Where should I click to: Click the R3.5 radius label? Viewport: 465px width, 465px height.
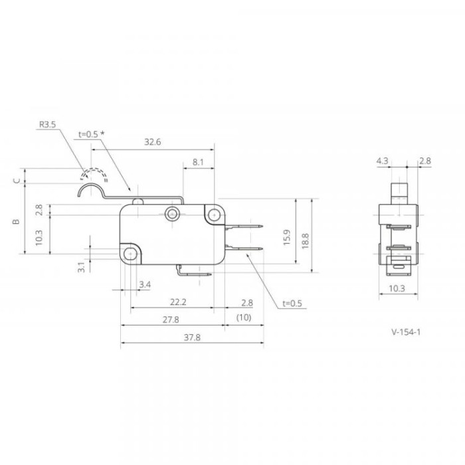[47, 124]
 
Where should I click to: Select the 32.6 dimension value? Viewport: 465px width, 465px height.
[152, 141]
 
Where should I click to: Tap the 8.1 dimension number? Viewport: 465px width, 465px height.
[198, 162]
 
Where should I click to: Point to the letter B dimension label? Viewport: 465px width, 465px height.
[17, 221]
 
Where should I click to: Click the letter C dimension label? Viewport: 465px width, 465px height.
[17, 180]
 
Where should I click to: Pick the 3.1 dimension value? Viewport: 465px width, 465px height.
[81, 267]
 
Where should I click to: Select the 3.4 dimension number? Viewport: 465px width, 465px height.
[145, 285]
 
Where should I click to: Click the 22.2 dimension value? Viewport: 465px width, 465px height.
[178, 302]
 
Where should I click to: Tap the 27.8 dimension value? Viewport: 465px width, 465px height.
[171, 320]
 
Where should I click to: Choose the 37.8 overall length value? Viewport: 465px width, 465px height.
[192, 337]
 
